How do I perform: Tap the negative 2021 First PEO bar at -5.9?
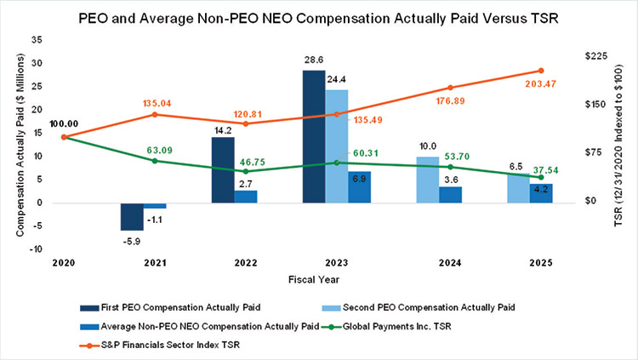pyautogui.click(x=131, y=216)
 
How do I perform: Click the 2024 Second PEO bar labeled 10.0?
pyautogui.click(x=428, y=180)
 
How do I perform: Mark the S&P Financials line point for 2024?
pyautogui.click(x=450, y=88)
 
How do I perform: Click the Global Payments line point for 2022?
pyautogui.click(x=245, y=171)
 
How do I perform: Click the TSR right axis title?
pyautogui.click(x=627, y=145)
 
